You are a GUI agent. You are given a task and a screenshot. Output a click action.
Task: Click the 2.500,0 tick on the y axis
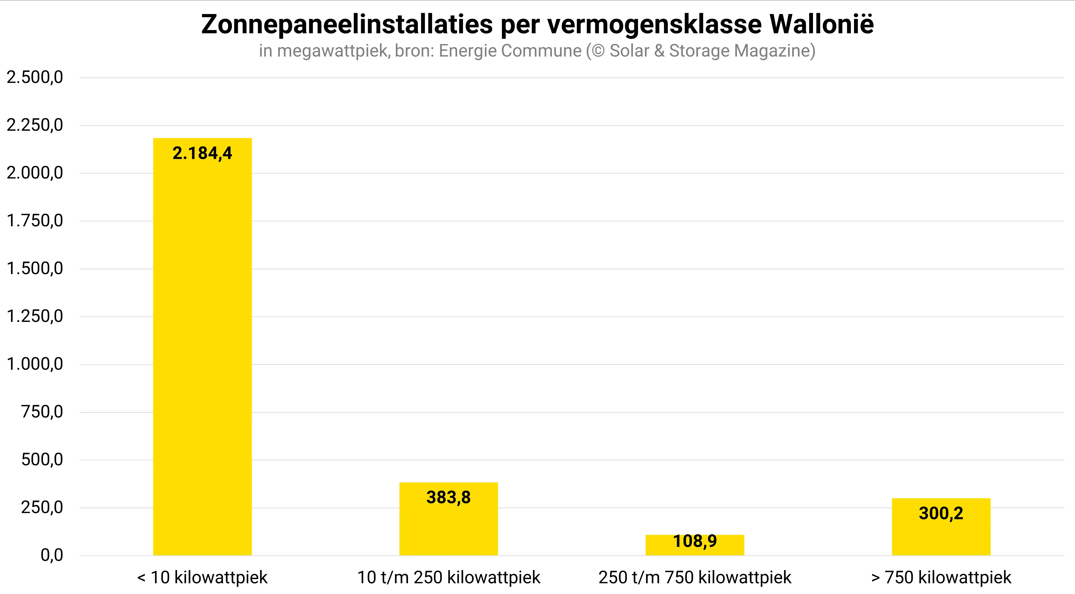(x=35, y=77)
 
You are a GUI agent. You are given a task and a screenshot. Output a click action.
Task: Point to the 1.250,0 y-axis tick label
(x=35, y=316)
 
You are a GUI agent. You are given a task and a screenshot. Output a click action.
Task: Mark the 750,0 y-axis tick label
(x=42, y=412)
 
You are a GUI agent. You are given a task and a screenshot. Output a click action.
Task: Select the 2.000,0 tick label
(x=35, y=173)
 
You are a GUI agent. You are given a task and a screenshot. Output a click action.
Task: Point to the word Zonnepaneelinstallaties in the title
(x=347, y=24)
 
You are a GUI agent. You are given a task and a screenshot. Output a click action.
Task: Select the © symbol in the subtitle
(x=598, y=51)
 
